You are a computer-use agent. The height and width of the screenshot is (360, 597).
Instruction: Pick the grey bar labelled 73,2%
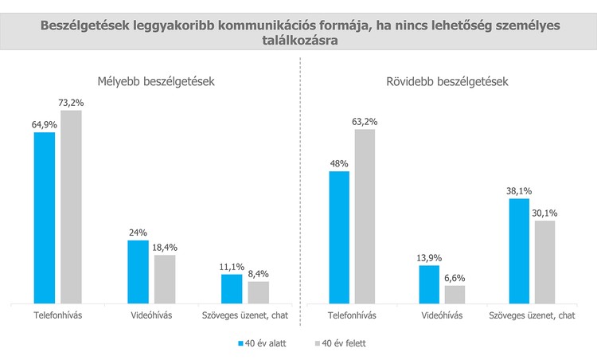pyautogui.click(x=72, y=207)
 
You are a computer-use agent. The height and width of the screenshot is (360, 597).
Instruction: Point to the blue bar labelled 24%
pyautogui.click(x=138, y=272)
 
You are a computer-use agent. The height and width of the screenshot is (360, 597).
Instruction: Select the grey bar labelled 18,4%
pyautogui.click(x=165, y=279)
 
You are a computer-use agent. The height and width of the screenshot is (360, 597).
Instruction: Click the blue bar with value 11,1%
pyautogui.click(x=232, y=288)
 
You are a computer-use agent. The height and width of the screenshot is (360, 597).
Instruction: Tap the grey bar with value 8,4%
pyautogui.click(x=259, y=292)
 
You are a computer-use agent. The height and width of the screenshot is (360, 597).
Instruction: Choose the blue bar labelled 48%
pyautogui.click(x=338, y=237)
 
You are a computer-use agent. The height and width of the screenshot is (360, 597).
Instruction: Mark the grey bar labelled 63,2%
pyautogui.click(x=365, y=216)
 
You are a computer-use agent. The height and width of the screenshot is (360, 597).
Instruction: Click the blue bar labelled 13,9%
pyautogui.click(x=429, y=284)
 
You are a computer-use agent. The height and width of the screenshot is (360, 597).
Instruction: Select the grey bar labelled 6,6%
pyautogui.click(x=455, y=294)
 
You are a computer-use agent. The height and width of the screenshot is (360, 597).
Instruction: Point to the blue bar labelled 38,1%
pyautogui.click(x=519, y=251)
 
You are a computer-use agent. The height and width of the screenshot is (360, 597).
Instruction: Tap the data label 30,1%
pyautogui.click(x=546, y=213)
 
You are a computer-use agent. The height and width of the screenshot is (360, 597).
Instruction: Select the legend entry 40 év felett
pyautogui.click(x=343, y=344)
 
